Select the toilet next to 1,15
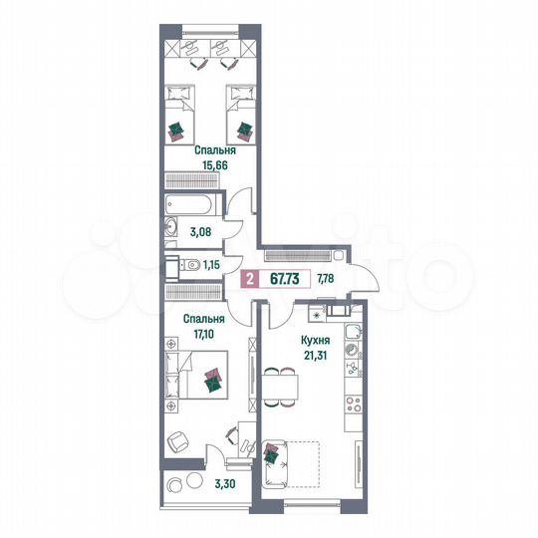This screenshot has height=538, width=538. click(x=176, y=266)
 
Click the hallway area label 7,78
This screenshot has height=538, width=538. click(x=326, y=278)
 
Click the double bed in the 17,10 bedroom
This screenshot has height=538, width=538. click(x=207, y=378)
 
